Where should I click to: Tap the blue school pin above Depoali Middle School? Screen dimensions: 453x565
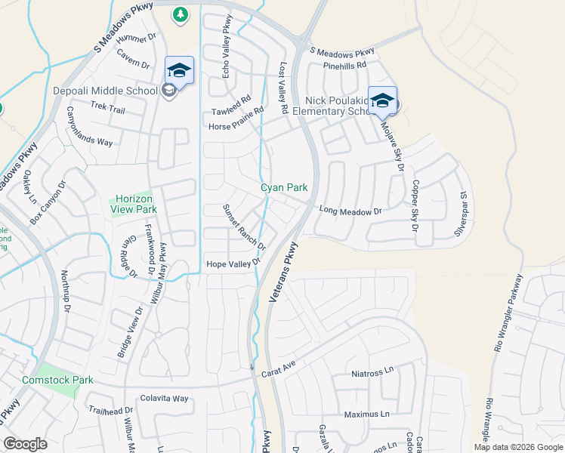click(x=179, y=71)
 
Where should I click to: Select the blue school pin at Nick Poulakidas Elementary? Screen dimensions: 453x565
click(x=382, y=100)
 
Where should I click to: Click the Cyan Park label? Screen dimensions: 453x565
click(x=284, y=187)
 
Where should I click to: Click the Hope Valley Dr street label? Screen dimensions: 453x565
click(x=233, y=263)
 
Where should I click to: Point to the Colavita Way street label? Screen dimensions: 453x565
click(x=164, y=398)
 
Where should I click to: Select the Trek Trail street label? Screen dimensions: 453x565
click(x=107, y=109)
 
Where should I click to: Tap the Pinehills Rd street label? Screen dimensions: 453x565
click(x=344, y=66)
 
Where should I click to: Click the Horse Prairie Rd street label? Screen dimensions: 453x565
click(x=237, y=119)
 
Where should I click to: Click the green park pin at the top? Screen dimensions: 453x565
click(x=180, y=14)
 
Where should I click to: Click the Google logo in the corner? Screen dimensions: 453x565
click(x=25, y=444)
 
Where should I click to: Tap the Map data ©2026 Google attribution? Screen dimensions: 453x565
click(x=517, y=447)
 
